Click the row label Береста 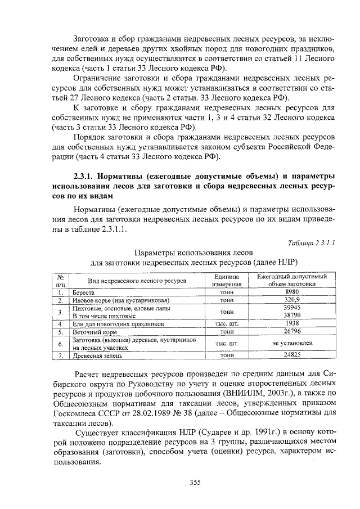(84, 293)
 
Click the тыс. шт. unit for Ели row (227, 325)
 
